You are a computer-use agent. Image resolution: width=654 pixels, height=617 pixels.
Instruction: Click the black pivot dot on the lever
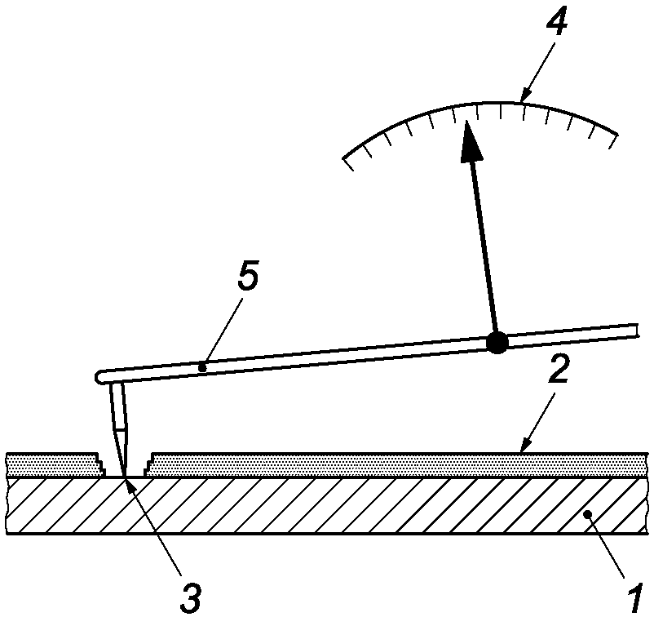click(x=495, y=343)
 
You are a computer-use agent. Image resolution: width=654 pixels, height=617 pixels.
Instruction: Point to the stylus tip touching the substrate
click(x=125, y=477)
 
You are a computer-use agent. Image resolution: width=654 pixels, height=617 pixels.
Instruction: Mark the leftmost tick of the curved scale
click(x=348, y=163)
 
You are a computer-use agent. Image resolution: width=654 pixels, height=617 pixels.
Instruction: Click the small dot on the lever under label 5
click(x=201, y=368)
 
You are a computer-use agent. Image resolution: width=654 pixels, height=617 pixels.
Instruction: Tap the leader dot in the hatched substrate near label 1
click(x=597, y=515)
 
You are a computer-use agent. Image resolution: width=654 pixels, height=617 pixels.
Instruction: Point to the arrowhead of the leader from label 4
click(x=522, y=100)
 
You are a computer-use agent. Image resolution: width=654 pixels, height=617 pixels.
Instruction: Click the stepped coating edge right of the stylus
click(x=149, y=468)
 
